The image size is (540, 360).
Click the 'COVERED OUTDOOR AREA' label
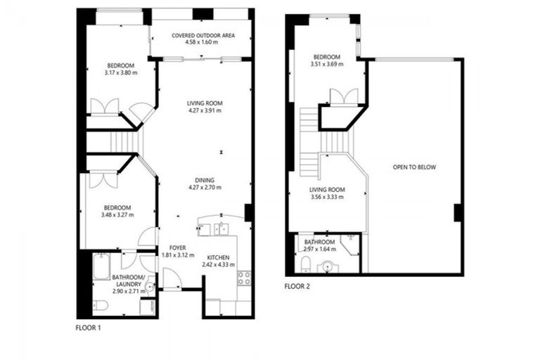(203, 34)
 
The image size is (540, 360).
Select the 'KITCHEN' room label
(219, 257)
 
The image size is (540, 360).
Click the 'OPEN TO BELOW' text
(414, 167)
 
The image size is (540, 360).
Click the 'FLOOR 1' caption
(88, 327)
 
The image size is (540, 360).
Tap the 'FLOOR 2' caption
(297, 286)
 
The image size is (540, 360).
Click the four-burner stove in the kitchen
(245, 276)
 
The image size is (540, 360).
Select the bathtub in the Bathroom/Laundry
(98, 270)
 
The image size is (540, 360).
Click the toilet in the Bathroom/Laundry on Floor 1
(100, 305)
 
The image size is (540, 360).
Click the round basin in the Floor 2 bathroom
(327, 266)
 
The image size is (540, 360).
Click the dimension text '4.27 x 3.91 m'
(204, 111)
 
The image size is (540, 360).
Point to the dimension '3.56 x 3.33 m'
(327, 198)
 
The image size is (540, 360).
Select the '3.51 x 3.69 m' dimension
(327, 65)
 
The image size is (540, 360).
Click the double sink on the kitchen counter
(221, 227)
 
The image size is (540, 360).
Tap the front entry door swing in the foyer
(172, 280)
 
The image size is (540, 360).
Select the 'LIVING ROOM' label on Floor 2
(327, 189)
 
